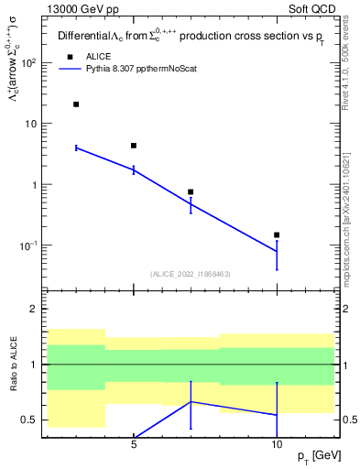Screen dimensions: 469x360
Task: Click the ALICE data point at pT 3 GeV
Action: coord(76,104)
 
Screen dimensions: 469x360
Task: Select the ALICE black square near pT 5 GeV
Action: coord(134,146)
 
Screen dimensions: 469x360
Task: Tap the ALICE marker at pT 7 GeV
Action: coord(191,192)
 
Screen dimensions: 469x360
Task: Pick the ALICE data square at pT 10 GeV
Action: coord(277,235)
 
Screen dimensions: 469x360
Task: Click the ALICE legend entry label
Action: coord(98,56)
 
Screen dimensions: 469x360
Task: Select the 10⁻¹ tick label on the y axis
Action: coord(27,245)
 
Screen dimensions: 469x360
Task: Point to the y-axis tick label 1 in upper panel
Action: coord(33,185)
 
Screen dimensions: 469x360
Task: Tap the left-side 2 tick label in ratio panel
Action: coord(33,310)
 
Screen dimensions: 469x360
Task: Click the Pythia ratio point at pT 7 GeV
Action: coord(191,402)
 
